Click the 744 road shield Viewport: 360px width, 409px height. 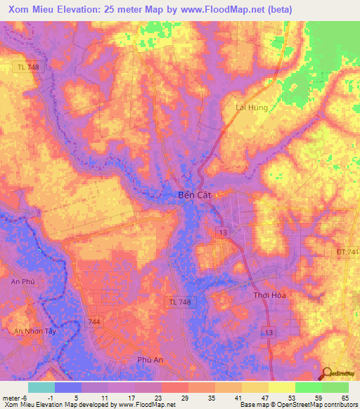tap(94, 320)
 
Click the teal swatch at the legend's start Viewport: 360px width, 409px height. tap(41, 387)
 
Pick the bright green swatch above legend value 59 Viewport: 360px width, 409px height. tap(308, 387)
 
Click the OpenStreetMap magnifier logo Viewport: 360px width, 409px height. tap(327, 373)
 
